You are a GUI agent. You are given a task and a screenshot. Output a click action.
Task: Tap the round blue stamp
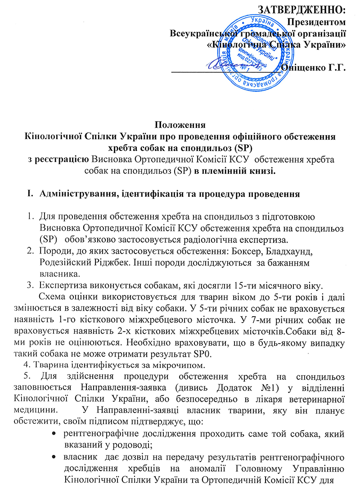[x=255, y=52]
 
